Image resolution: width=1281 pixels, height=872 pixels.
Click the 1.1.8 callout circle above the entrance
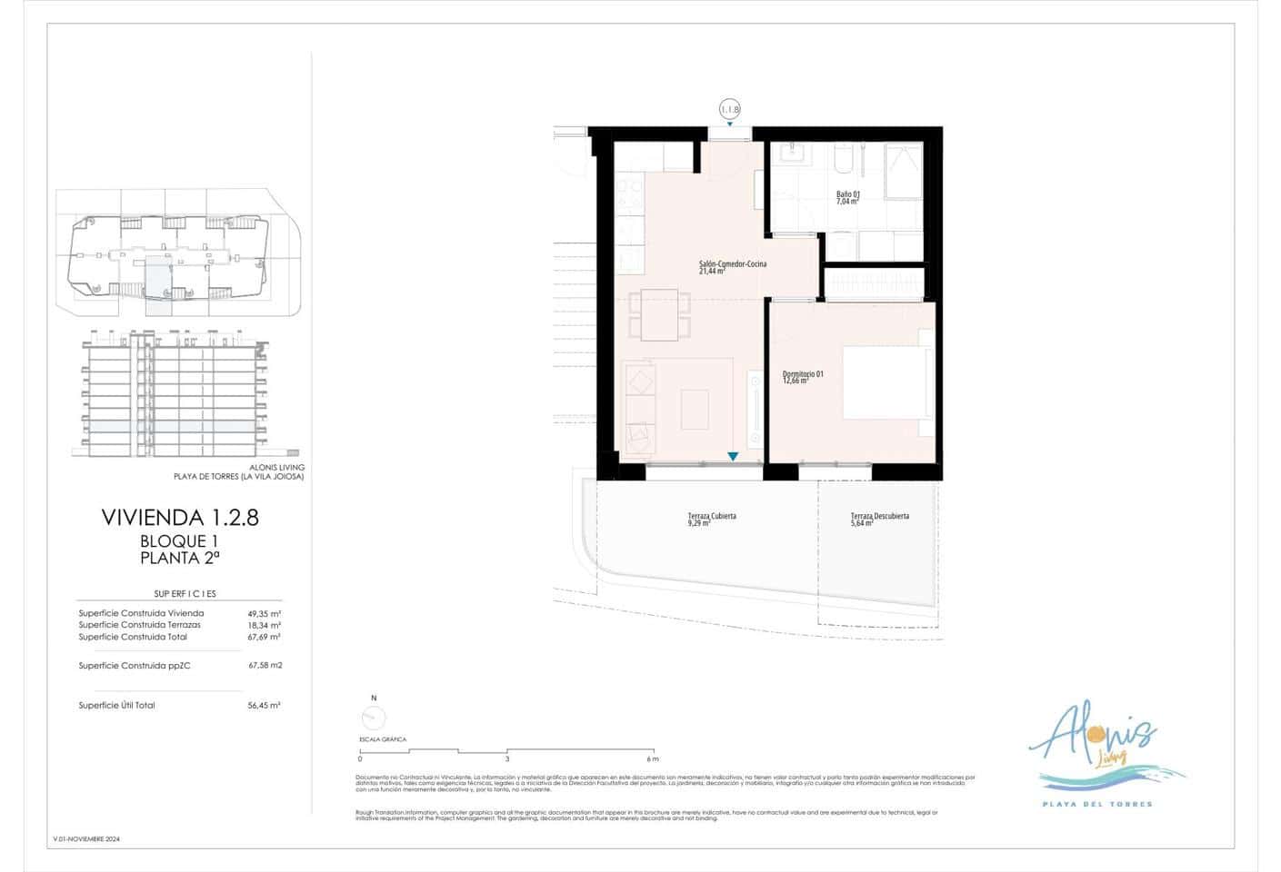click(730, 109)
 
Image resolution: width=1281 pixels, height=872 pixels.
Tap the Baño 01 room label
click(847, 198)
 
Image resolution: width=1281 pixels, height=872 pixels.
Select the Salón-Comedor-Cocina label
click(732, 267)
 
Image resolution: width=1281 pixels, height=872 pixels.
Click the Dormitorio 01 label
click(803, 377)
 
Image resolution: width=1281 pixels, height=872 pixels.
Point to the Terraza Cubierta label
click(712, 519)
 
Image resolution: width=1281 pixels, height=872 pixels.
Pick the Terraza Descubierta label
click(879, 519)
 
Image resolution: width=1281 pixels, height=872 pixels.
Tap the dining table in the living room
click(659, 314)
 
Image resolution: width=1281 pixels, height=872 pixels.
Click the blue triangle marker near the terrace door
click(732, 457)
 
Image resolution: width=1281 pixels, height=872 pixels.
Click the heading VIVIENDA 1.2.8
click(180, 518)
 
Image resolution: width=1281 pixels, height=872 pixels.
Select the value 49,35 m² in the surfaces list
click(265, 614)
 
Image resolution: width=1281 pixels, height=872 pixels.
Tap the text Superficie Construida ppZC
click(135, 666)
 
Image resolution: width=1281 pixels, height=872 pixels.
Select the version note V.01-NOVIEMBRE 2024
click(86, 839)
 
